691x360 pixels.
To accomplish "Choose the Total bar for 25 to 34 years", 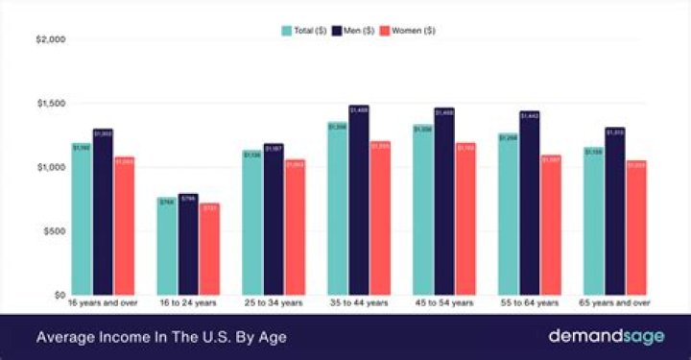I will coord(251,222).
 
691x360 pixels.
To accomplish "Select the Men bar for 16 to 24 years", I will coord(188,244).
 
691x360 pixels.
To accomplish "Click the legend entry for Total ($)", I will coord(304,31).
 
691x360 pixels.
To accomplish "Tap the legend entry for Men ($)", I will coord(352,31).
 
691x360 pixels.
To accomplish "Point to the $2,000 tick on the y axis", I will coord(50,39).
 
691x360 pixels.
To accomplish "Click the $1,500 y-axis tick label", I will coord(50,104).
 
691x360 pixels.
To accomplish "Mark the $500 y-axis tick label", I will coord(53,231).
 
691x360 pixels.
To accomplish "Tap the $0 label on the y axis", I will coord(59,295).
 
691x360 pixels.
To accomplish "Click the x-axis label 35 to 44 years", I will coord(358,303).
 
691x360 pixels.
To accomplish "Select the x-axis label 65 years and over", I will coord(614,303).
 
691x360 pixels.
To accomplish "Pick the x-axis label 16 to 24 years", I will coord(188,303).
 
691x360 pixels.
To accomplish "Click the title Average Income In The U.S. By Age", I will coord(161,337).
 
